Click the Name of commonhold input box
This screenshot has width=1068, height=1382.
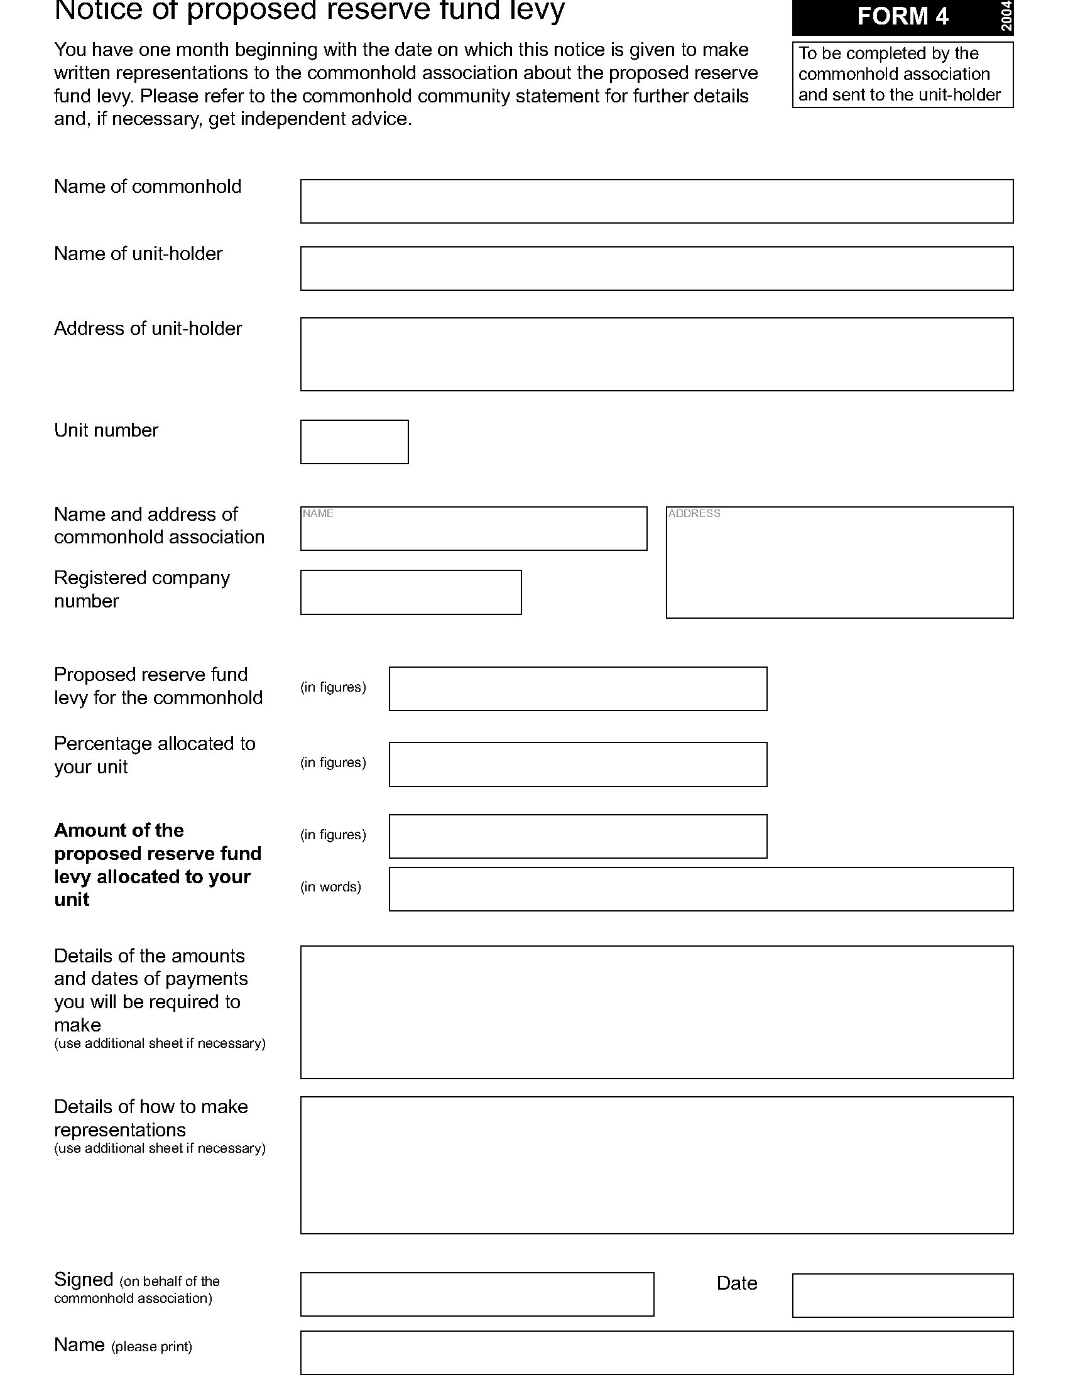pos(656,201)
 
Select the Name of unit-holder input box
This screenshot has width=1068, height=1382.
pos(656,268)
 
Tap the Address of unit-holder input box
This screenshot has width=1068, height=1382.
pos(656,354)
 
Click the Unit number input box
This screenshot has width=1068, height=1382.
pos(354,442)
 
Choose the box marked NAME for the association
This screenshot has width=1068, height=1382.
pos(473,528)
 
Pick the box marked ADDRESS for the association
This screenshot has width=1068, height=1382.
pos(839,562)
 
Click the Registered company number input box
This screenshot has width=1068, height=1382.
pos(411,592)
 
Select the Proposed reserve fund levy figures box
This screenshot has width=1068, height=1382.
pos(577,688)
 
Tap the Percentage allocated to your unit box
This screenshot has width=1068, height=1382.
pos(577,764)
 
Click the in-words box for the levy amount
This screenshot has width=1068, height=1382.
pos(700,889)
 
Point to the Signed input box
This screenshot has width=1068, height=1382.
pos(476,1294)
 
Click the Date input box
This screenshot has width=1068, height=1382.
pos(902,1295)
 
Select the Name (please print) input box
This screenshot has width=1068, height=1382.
pos(656,1353)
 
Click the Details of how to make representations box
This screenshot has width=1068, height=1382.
pos(656,1165)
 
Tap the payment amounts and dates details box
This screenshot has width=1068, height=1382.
pos(656,1012)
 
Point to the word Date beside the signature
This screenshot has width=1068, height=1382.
pos(736,1283)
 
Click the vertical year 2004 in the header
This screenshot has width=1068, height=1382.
pos(1006,16)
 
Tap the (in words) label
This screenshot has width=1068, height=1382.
pos(330,887)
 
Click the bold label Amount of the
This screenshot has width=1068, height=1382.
pos(119,830)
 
